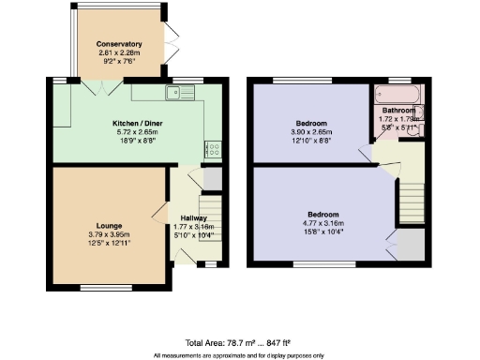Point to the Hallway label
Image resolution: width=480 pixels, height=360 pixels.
[193, 217]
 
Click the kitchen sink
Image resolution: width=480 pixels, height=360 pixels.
[175, 92]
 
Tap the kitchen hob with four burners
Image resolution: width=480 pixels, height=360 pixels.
[211, 148]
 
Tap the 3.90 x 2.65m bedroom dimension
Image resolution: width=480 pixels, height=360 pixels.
[311, 132]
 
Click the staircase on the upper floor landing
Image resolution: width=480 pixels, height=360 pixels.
[409, 198]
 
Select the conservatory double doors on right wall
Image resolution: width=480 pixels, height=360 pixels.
[171, 41]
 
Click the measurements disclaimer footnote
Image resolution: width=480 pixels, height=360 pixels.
[240, 355]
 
